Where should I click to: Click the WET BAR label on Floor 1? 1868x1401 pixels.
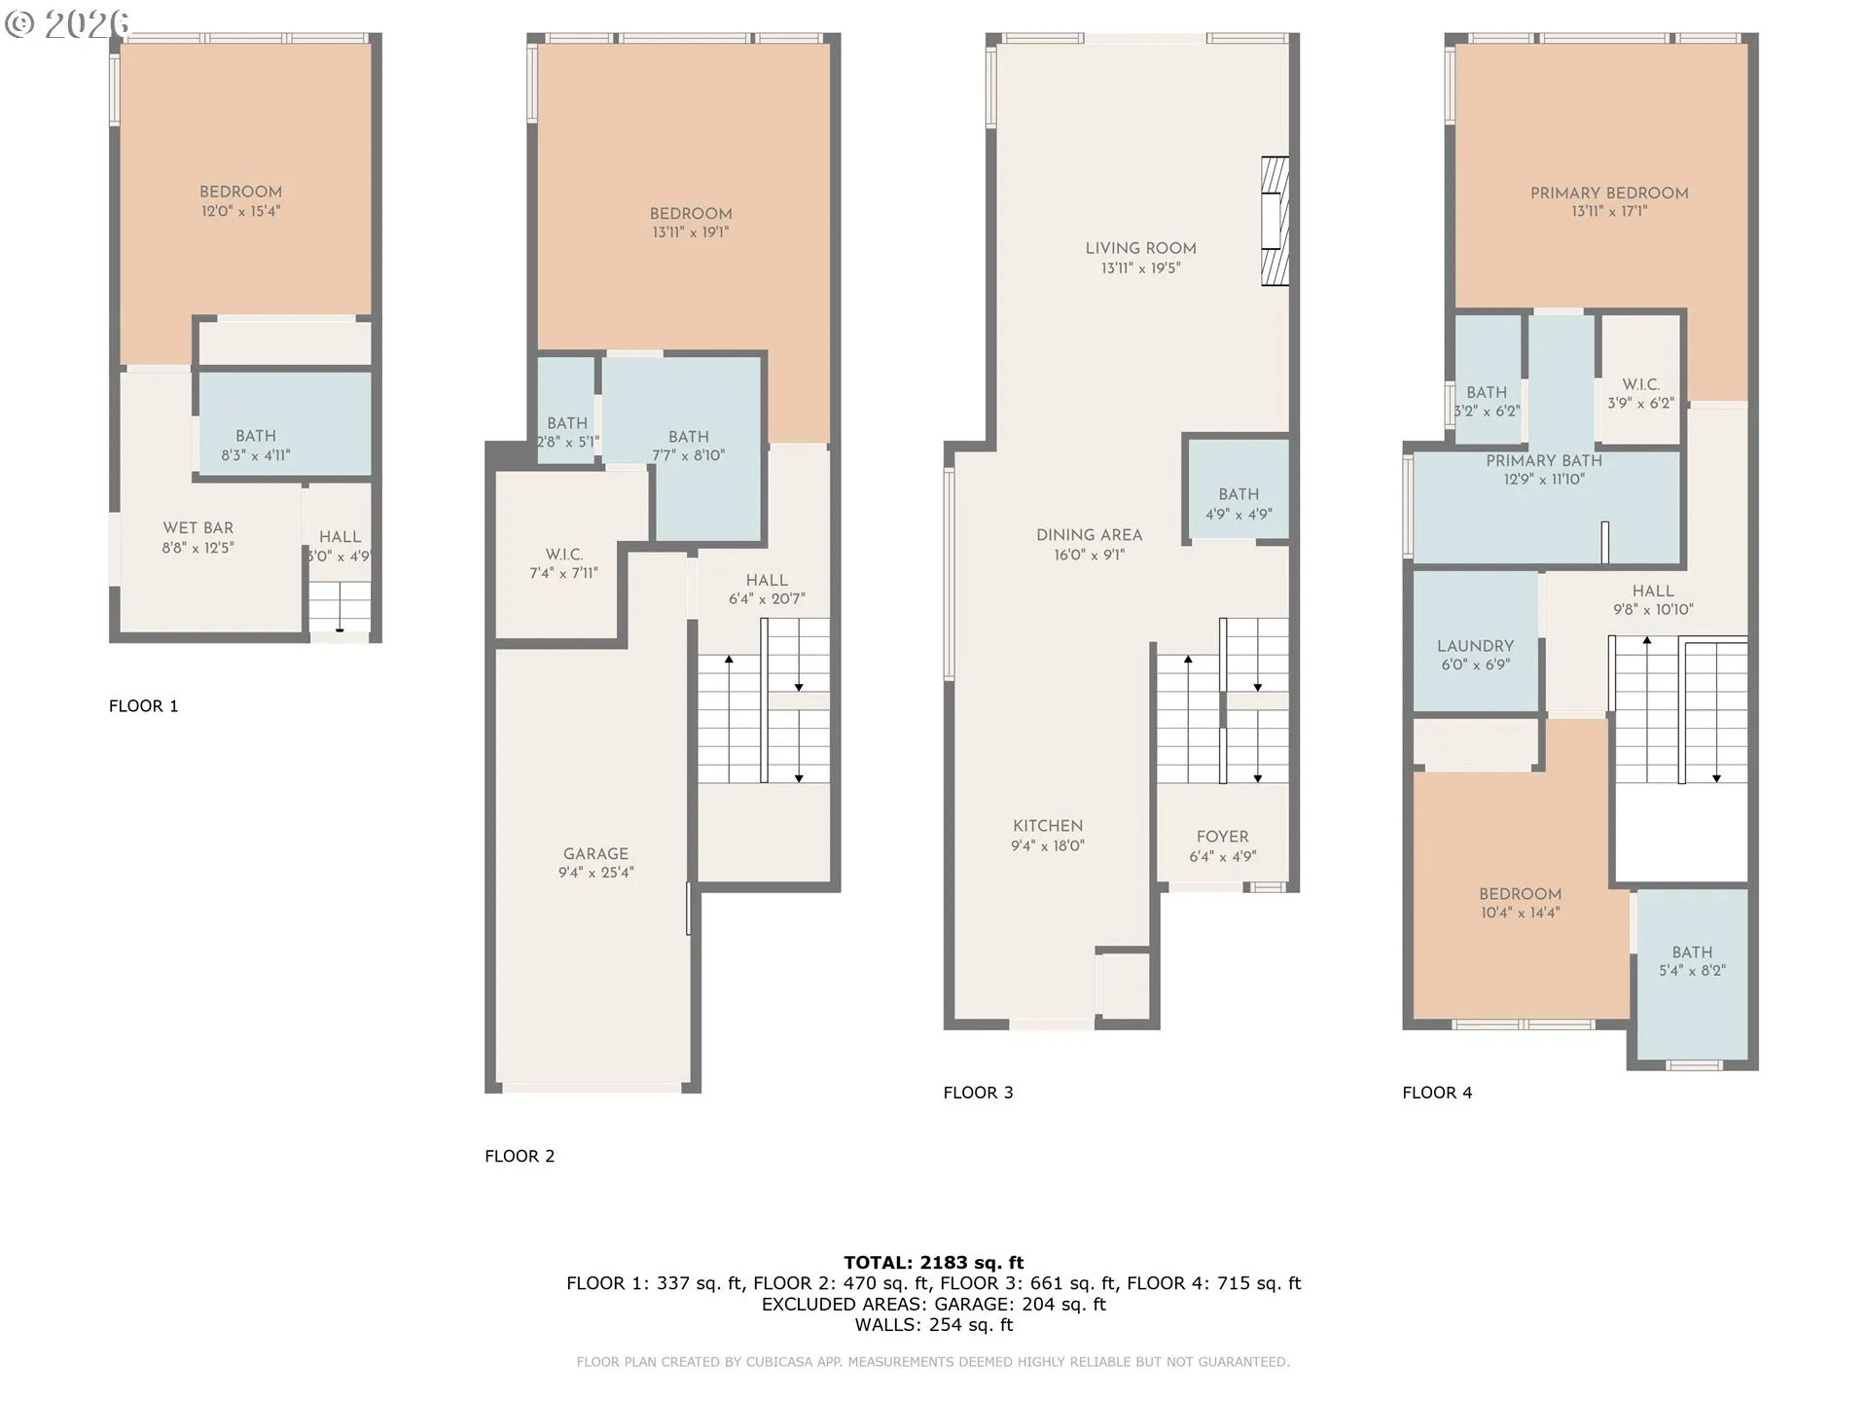[198, 528]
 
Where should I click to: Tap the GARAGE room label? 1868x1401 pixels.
[595, 853]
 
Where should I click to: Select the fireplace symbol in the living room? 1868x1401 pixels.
[1275, 221]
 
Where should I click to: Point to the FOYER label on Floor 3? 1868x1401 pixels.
[1222, 837]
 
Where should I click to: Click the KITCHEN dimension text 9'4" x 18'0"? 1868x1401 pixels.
[1047, 846]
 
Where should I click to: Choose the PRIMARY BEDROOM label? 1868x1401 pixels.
[1608, 194]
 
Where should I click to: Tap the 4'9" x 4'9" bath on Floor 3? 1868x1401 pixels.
[1238, 504]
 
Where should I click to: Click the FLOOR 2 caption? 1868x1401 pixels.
[520, 1156]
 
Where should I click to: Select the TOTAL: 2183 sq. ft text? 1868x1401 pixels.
[933, 1263]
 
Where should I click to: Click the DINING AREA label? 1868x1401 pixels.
[1089, 535]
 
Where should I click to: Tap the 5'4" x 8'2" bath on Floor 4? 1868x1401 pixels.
[1692, 961]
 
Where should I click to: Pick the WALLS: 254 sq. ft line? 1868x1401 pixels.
[933, 1325]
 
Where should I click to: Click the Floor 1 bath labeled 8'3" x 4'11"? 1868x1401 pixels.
[255, 445]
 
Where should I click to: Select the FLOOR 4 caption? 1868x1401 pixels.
[1437, 1093]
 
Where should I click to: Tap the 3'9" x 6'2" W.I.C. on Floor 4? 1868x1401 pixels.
[1640, 394]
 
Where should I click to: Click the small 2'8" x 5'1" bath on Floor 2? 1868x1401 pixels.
[567, 432]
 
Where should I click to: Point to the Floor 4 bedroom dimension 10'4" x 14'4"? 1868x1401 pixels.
[1520, 913]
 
